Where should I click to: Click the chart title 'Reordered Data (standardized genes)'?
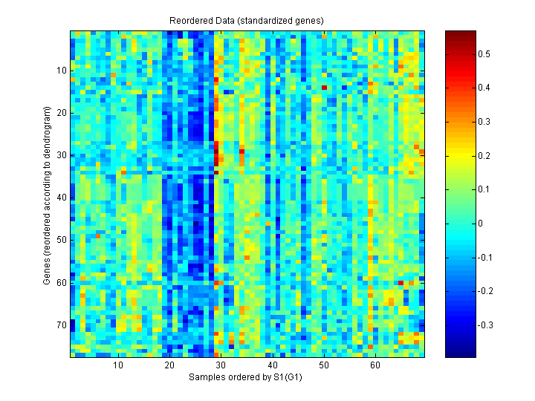247,20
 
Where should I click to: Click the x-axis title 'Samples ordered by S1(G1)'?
247,376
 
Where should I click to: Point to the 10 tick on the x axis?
117,365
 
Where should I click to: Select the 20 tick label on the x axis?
169,365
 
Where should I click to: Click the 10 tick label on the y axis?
62,71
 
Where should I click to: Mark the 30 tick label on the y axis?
62,155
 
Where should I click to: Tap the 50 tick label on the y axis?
62,240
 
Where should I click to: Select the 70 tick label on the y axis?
62,325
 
